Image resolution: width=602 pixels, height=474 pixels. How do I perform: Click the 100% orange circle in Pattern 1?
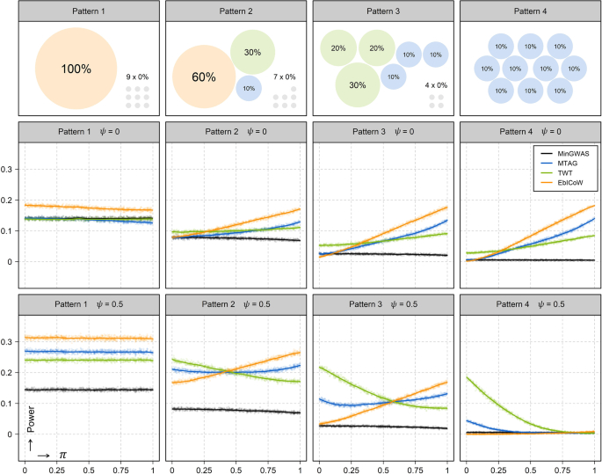76,68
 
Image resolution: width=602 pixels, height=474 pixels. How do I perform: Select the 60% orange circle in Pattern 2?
203,77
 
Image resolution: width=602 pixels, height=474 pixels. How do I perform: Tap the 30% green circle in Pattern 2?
252,52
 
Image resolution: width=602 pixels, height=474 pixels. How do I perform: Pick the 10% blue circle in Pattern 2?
249,88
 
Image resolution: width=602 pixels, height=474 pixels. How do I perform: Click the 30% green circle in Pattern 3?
357,85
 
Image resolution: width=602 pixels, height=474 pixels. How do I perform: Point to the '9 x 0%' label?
137,77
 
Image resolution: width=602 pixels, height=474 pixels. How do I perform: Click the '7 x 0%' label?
286,77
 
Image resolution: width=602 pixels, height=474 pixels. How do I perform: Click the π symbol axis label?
62,454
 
